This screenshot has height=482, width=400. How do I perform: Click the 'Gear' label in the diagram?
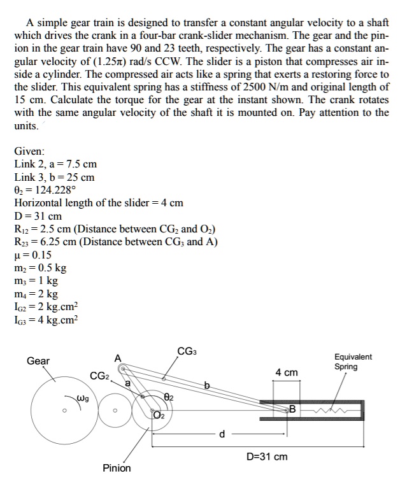click(x=38, y=361)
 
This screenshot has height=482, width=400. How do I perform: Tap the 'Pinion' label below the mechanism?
click(x=117, y=468)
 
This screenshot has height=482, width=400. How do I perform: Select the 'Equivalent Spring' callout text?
click(x=353, y=362)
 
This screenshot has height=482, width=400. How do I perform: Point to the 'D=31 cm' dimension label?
click(x=267, y=457)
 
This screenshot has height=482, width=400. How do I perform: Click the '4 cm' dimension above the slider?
click(x=286, y=372)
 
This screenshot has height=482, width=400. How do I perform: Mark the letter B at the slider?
click(x=292, y=408)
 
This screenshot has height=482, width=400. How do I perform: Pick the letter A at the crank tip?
click(x=117, y=358)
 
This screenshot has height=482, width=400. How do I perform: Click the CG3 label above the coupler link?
click(x=187, y=351)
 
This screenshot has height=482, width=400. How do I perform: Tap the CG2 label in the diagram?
click(x=100, y=376)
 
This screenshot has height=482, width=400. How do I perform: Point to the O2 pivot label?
click(x=158, y=416)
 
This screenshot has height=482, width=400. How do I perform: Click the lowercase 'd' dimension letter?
click(x=222, y=434)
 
